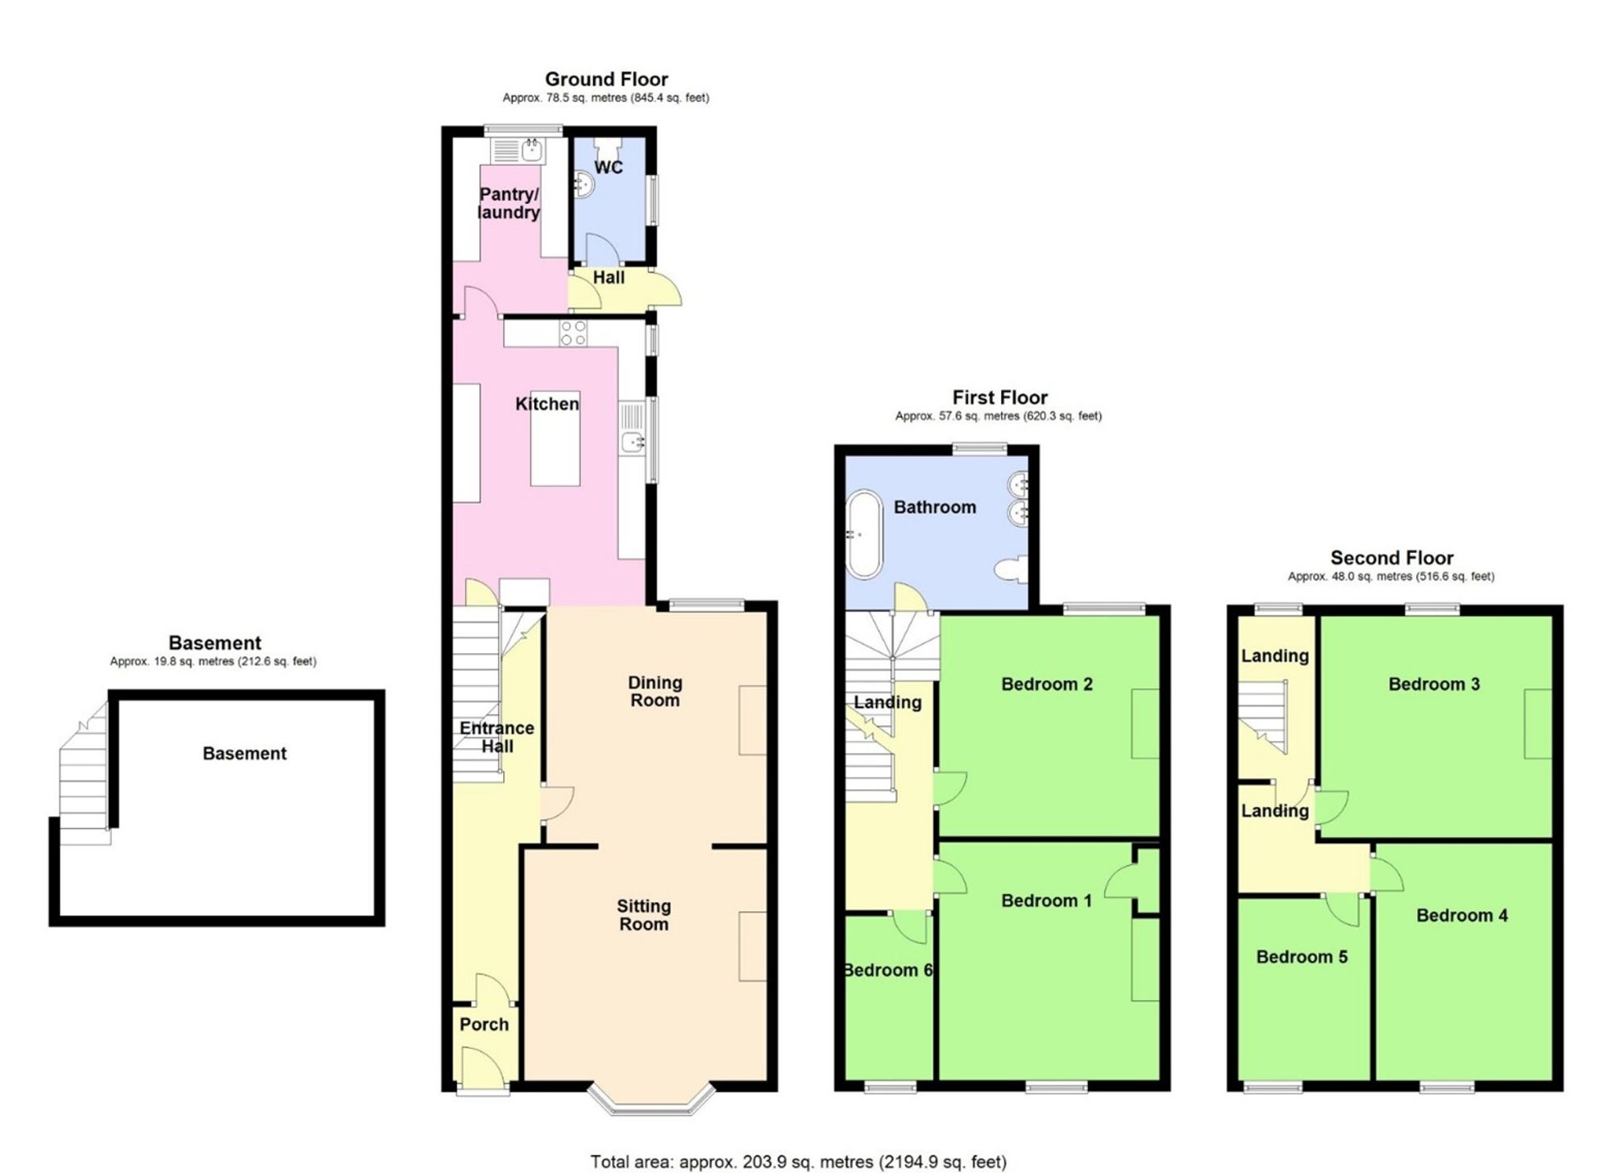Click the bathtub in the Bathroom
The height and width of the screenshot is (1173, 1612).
tap(864, 534)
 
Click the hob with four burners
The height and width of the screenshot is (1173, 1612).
tap(573, 333)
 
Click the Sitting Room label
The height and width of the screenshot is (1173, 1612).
tap(643, 915)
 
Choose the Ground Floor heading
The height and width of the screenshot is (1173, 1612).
tap(606, 79)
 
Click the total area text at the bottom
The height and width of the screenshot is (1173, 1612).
tap(798, 1162)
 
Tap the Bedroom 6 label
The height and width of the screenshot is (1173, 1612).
tap(887, 970)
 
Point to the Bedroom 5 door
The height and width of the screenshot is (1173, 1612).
tap(1343, 909)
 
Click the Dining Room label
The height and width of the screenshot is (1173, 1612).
tap(654, 691)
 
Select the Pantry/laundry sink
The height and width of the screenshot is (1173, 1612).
tap(531, 149)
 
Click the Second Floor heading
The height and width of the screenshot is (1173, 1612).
tap(1391, 558)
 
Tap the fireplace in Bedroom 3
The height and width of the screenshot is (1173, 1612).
tap(1536, 723)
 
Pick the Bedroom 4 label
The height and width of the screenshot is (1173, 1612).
tap(1461, 915)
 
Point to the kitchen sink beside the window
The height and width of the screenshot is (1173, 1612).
tap(633, 442)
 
